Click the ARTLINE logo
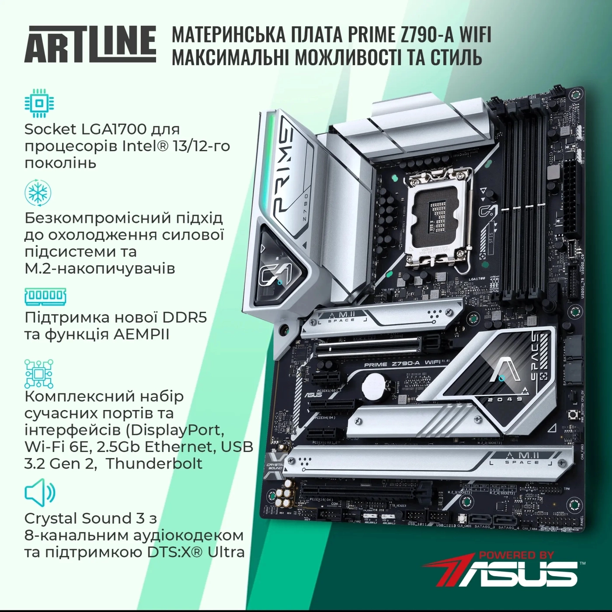click(90, 44)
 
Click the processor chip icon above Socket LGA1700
click(39, 103)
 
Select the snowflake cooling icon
click(38, 193)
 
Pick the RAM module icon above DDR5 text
click(45, 296)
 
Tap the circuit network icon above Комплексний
click(39, 374)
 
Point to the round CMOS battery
click(376, 385)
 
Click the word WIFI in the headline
click(475, 35)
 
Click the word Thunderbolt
click(154, 463)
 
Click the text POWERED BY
click(516, 555)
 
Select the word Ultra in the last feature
click(226, 552)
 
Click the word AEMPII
click(141, 334)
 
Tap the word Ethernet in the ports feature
click(182, 446)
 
